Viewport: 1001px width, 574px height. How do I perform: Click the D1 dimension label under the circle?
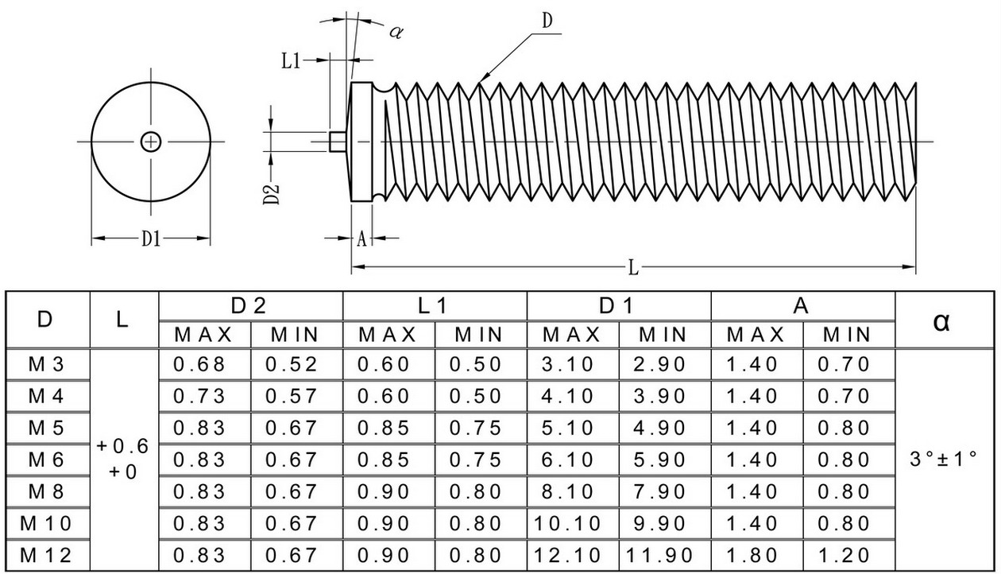(x=151, y=239)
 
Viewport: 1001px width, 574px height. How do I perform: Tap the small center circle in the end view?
(x=151, y=142)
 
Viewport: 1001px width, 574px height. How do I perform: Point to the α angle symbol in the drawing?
(x=396, y=32)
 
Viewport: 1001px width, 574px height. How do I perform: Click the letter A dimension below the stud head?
(x=361, y=239)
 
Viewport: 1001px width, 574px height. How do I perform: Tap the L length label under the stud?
(x=634, y=268)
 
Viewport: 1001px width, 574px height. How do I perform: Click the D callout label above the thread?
(x=547, y=21)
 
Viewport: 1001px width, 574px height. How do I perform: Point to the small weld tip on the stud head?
(x=338, y=142)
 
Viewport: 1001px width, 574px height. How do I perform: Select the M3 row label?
(x=46, y=364)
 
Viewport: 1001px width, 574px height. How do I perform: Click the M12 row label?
(x=45, y=555)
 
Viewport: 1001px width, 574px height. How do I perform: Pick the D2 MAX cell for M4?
(x=199, y=396)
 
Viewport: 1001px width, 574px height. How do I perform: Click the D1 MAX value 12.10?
(x=567, y=555)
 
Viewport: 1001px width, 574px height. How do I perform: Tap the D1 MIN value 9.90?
(x=659, y=523)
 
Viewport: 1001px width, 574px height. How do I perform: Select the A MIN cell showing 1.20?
(x=844, y=555)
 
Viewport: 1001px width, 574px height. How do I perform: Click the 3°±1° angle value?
(x=943, y=458)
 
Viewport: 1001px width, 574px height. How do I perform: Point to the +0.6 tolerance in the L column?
(x=122, y=446)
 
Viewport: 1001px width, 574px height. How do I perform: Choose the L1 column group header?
(x=432, y=306)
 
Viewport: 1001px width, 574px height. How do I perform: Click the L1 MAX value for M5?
(x=384, y=428)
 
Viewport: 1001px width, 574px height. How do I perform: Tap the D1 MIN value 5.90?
(x=659, y=460)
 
